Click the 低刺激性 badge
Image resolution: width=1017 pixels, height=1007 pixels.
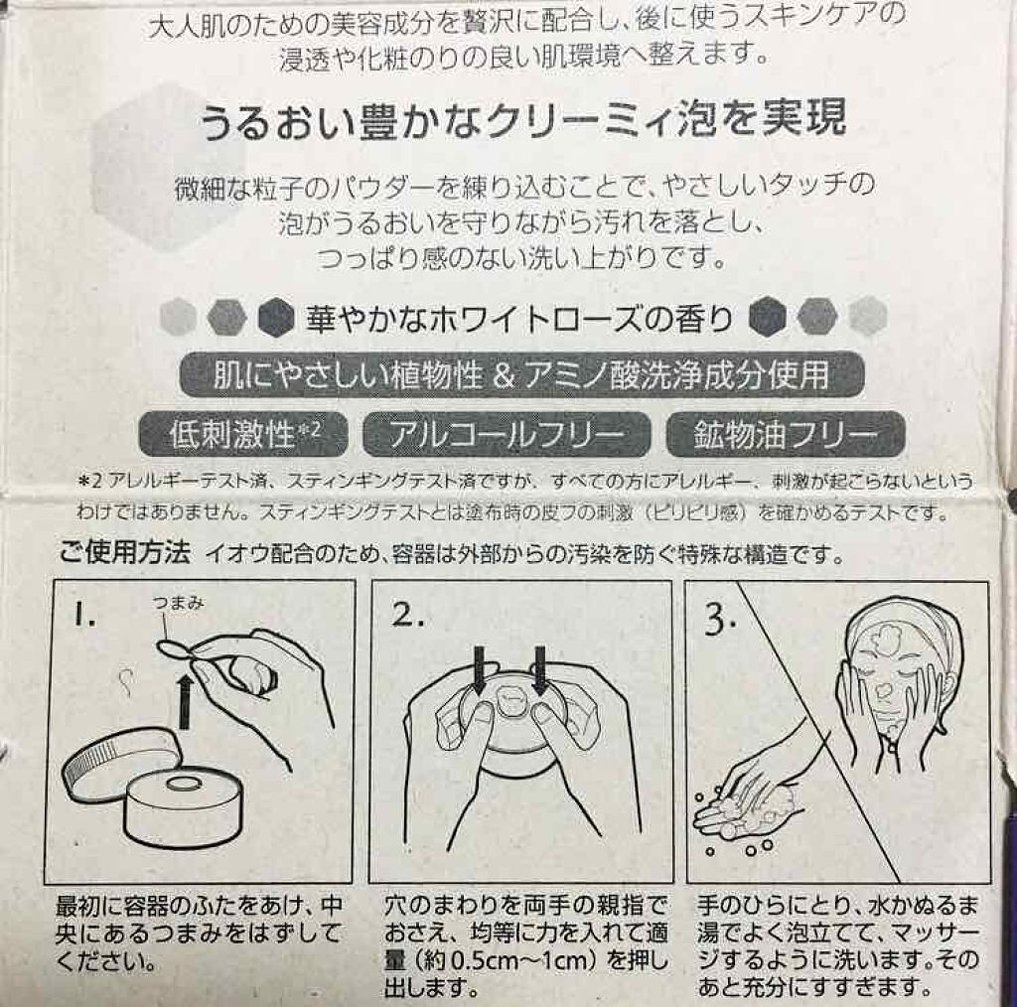(x=243, y=434)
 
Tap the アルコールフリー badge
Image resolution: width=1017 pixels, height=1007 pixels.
(x=506, y=434)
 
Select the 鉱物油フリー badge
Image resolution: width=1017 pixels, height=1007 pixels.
(x=786, y=434)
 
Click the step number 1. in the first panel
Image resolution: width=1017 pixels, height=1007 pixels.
(x=84, y=614)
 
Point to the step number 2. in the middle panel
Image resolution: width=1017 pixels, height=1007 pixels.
(x=407, y=614)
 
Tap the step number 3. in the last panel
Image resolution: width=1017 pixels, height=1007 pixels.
(x=720, y=619)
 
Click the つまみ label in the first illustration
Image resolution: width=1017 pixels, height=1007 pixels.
(x=179, y=603)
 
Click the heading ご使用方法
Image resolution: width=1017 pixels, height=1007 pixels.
(x=124, y=552)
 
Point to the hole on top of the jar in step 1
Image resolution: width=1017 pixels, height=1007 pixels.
(x=186, y=784)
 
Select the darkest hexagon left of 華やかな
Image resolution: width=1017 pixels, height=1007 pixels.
(x=277, y=318)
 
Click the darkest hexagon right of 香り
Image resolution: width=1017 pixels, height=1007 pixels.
(x=768, y=317)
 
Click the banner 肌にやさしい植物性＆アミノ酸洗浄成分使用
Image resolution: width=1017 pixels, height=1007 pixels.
(x=521, y=374)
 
